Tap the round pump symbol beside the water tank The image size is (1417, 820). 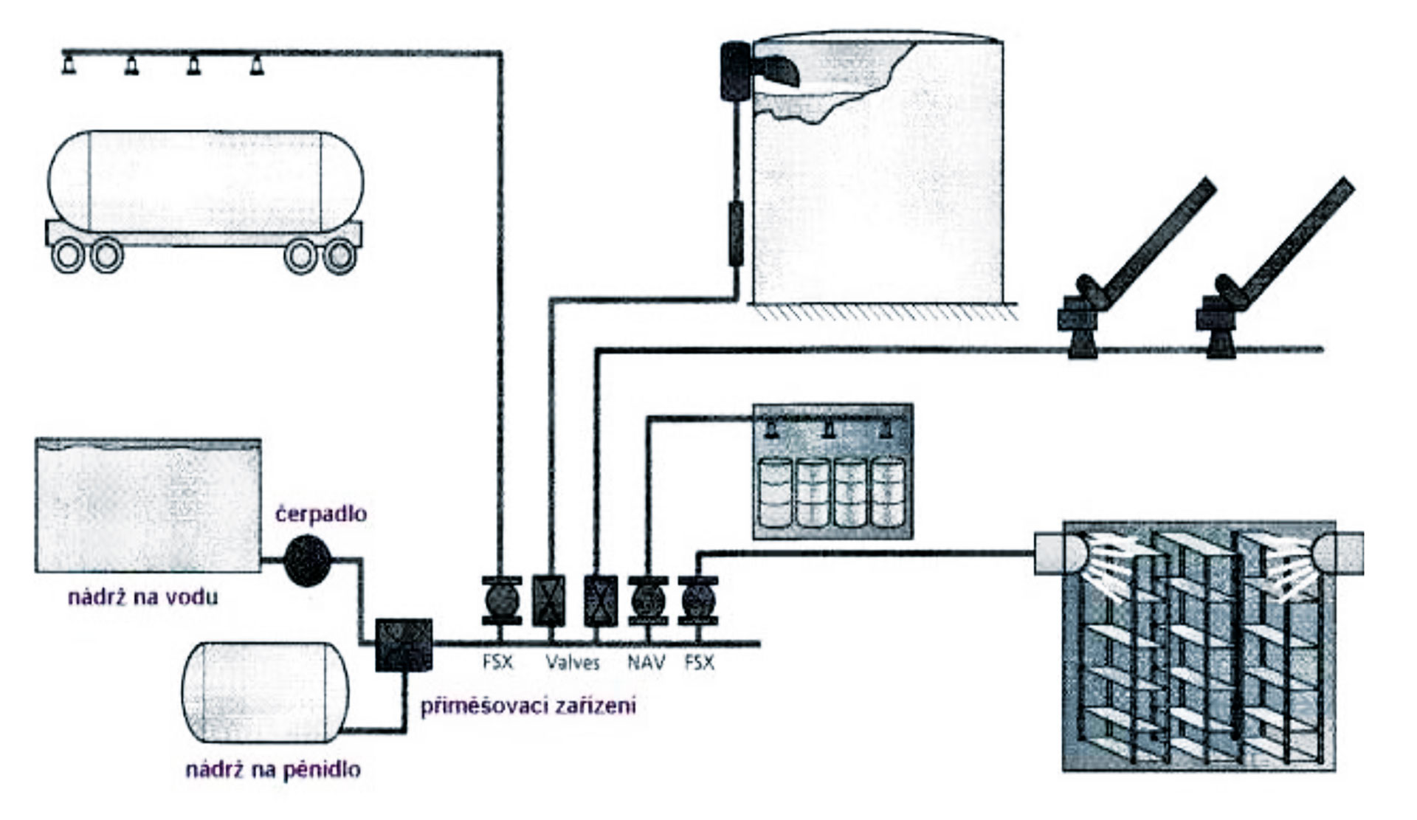pyautogui.click(x=306, y=562)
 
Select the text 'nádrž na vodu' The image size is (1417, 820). pyautogui.click(x=143, y=596)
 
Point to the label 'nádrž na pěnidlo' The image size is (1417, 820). pyautogui.click(x=273, y=770)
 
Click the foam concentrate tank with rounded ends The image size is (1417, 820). pyautogui.click(x=264, y=692)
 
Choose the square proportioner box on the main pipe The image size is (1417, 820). pyautogui.click(x=403, y=644)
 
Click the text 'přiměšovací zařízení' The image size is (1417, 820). pyautogui.click(x=528, y=706)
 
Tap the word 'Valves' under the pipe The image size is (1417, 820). pyautogui.click(x=573, y=662)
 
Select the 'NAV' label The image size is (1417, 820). pyautogui.click(x=646, y=662)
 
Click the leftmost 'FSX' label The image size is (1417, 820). pyautogui.click(x=497, y=662)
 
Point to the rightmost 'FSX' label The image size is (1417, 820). pyautogui.click(x=699, y=662)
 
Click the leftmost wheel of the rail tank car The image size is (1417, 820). pyautogui.click(x=68, y=256)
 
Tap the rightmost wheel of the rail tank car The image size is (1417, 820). pyautogui.click(x=340, y=256)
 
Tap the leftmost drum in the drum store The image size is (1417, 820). pyautogui.click(x=775, y=492)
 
